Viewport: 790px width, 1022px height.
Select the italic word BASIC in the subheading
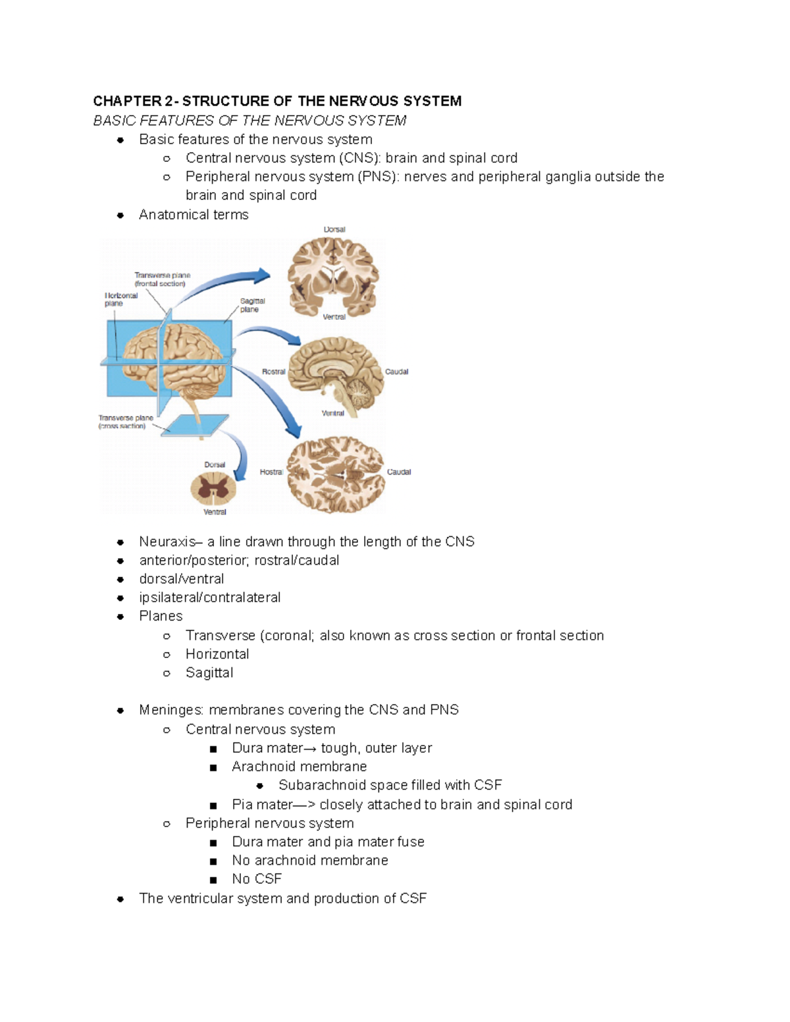pyautogui.click(x=107, y=120)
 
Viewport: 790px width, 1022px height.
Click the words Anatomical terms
pyautogui.click(x=194, y=215)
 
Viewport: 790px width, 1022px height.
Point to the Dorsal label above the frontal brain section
pyautogui.click(x=334, y=230)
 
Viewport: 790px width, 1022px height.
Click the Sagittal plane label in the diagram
pyautogui.click(x=252, y=305)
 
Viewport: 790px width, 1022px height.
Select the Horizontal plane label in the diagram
pyautogui.click(x=121, y=299)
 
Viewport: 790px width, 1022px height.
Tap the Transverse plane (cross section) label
pyautogui.click(x=125, y=422)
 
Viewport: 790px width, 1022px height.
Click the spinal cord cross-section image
pyautogui.click(x=213, y=488)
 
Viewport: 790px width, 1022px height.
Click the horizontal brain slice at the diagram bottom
pyautogui.click(x=335, y=474)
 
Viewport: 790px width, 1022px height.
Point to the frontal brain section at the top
pyautogui.click(x=334, y=274)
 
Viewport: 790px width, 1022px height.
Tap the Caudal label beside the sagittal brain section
pyautogui.click(x=396, y=372)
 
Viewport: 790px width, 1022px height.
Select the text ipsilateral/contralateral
pyautogui.click(x=209, y=598)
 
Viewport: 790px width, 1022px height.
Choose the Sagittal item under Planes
pyautogui.click(x=209, y=673)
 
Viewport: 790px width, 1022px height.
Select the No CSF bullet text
pyautogui.click(x=257, y=879)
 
